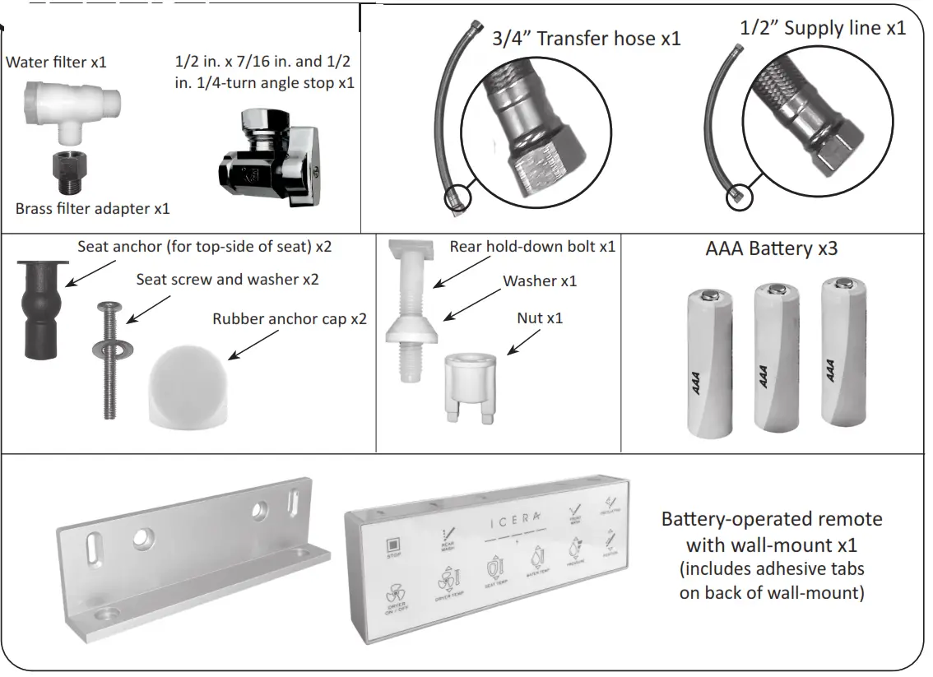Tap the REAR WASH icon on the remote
pos(449,538)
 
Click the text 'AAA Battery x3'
pos(771,248)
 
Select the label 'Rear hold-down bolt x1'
pos(531,246)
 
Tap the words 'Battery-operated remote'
pos(771,519)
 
